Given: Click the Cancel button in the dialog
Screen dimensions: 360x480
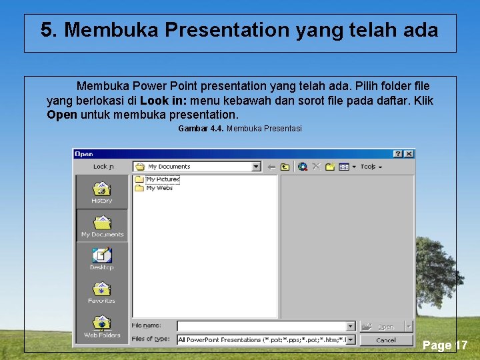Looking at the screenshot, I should tap(386, 340).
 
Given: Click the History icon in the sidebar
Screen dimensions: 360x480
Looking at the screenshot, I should tap(102, 192).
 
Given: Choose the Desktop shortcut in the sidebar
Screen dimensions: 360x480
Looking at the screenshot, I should tap(102, 259).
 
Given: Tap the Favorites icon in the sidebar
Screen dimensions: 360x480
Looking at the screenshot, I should tap(102, 292).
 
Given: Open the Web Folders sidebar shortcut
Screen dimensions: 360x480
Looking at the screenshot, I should tap(102, 326).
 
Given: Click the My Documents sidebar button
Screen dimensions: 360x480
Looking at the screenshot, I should tap(102, 226).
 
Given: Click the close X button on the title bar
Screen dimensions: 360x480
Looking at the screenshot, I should tap(409, 154).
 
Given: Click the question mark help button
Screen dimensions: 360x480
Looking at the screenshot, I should tap(398, 154).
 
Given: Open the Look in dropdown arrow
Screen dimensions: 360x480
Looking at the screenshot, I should tap(256, 167).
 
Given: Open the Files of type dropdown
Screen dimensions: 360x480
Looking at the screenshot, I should tap(351, 340).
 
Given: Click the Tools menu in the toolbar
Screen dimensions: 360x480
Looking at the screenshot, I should tap(371, 167).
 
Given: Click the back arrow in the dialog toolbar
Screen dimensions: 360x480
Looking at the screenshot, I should tap(272, 167).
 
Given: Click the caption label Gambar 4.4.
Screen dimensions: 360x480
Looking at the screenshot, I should tap(201, 128).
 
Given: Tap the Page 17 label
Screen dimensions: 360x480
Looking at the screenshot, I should tap(445, 345).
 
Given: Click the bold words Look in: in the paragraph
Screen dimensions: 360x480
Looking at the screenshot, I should tap(163, 101).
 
